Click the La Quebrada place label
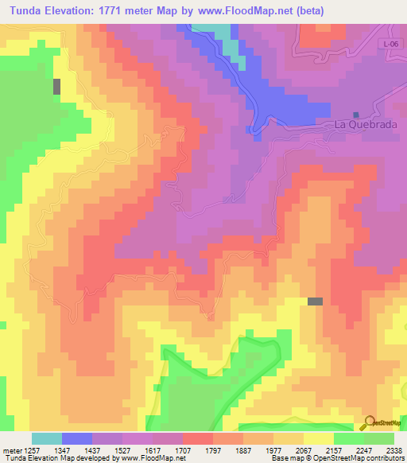[x=365, y=125]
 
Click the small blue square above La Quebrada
[x=355, y=115]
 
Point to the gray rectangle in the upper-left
[x=56, y=87]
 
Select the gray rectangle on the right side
[x=316, y=301]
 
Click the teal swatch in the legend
[x=46, y=438]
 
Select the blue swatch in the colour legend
[x=76, y=438]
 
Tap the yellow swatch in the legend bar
[x=318, y=438]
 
